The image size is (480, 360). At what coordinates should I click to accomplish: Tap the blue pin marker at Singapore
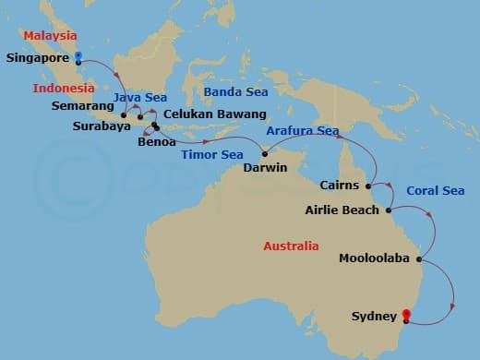click(78, 57)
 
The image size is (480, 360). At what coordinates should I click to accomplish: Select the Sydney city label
click(373, 317)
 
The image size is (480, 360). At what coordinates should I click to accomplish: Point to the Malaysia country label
click(49, 35)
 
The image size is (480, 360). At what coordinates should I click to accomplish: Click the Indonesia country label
click(64, 89)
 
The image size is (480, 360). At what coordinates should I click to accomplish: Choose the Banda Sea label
click(235, 92)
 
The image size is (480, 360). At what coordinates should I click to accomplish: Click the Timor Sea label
click(212, 154)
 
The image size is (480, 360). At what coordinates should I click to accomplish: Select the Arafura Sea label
click(303, 131)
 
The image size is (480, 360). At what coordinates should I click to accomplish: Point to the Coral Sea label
click(435, 191)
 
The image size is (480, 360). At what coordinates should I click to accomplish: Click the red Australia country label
click(291, 246)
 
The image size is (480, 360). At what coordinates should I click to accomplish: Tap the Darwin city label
click(265, 169)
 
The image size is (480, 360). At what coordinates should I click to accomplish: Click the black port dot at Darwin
click(264, 153)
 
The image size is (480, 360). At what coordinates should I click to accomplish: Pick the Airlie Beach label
click(342, 210)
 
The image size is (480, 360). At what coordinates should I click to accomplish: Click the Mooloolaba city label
click(375, 258)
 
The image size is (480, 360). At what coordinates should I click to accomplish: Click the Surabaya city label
click(101, 126)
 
